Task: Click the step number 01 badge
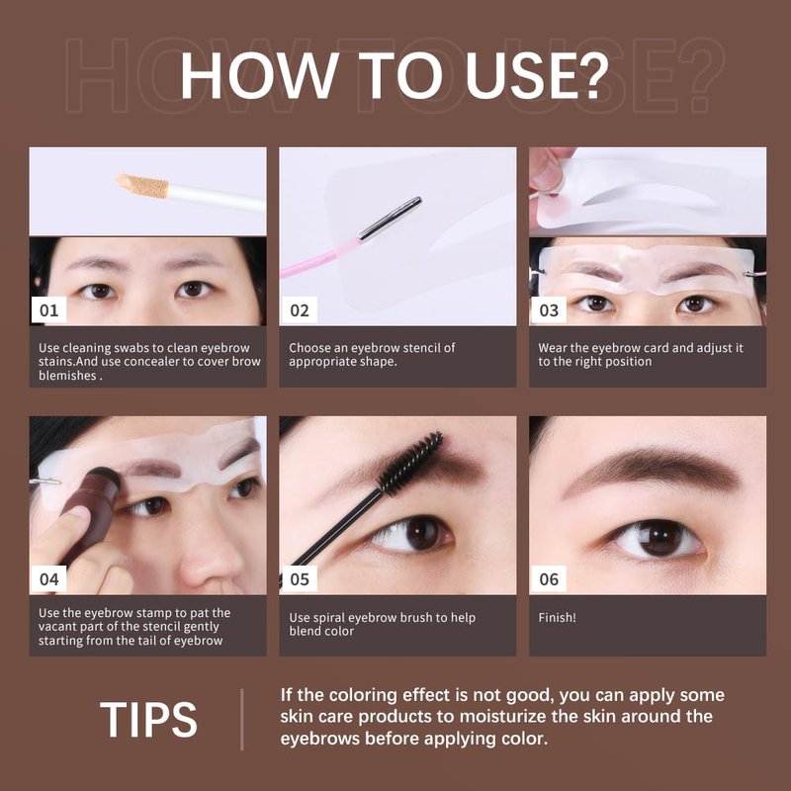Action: [x=48, y=309]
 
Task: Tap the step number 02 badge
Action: [x=300, y=309]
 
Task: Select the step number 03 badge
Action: [x=549, y=309]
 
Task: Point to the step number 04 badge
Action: [x=48, y=578]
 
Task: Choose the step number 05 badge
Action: [x=300, y=578]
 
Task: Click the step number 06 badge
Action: [x=549, y=578]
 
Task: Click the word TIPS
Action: [x=149, y=720]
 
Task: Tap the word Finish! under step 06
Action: [x=557, y=617]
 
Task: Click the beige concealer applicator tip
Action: [x=142, y=186]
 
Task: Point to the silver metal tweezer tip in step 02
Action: [x=390, y=219]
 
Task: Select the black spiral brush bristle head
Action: [x=411, y=463]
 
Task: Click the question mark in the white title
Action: [x=591, y=76]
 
